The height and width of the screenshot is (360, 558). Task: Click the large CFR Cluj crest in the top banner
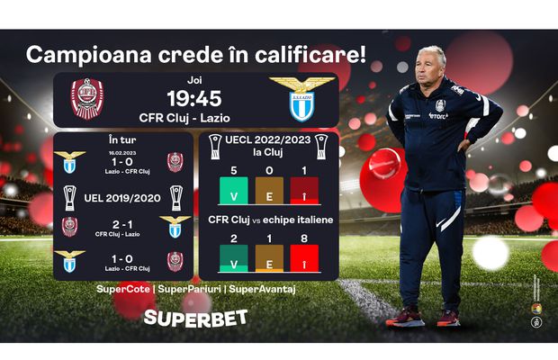(87, 99)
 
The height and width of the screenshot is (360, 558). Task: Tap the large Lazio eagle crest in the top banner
(301, 99)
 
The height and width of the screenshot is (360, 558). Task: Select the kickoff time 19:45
(194, 98)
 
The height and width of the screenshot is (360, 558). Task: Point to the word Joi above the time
(194, 78)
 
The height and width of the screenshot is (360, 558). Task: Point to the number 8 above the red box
(304, 238)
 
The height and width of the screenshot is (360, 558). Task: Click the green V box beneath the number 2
(234, 259)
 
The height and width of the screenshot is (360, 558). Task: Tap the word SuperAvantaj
(263, 289)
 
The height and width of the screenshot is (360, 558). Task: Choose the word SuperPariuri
(190, 289)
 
